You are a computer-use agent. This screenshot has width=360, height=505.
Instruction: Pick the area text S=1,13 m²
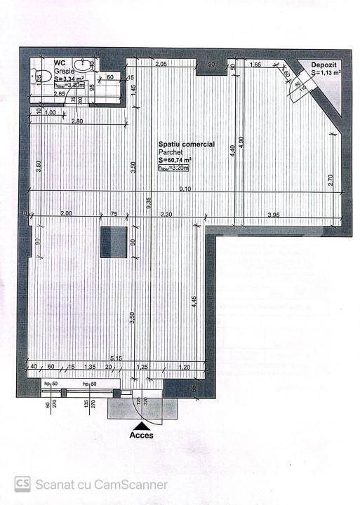[326, 72]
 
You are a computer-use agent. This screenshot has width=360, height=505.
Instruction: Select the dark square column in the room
[113, 242]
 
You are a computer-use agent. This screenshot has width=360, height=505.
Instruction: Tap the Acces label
[142, 434]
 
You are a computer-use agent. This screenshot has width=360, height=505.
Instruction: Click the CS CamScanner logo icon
[22, 484]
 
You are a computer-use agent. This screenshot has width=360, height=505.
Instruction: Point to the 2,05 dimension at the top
[161, 64]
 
